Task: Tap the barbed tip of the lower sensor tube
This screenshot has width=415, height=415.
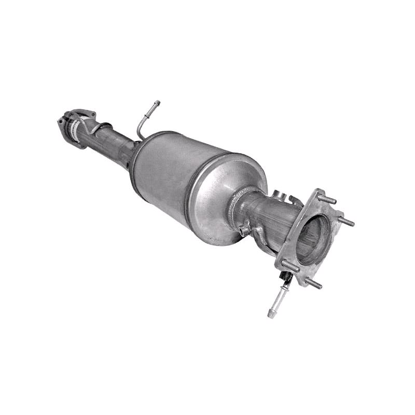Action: pyautogui.click(x=271, y=313)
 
